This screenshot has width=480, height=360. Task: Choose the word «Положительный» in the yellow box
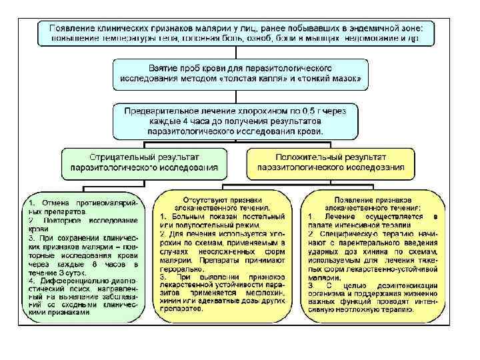pos(297,155)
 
